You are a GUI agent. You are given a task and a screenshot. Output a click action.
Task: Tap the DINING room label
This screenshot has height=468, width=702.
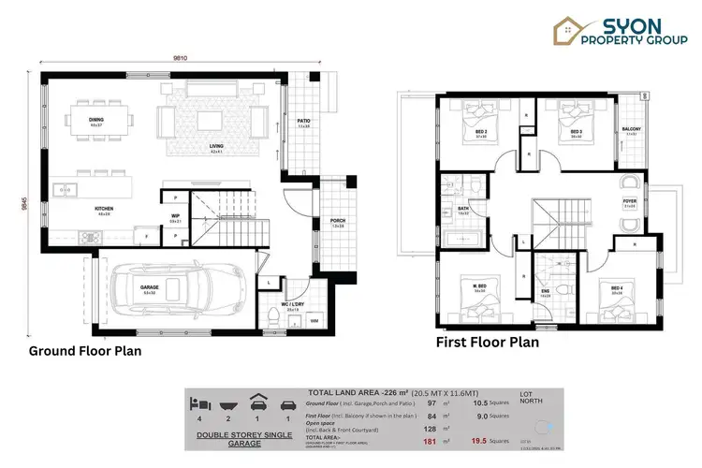(x=96, y=121)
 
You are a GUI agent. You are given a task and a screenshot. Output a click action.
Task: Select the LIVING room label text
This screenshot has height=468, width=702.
(x=215, y=149)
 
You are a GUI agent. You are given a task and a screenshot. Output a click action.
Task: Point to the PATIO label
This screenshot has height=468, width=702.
(x=303, y=121)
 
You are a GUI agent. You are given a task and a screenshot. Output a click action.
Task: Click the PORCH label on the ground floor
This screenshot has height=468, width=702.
(x=337, y=223)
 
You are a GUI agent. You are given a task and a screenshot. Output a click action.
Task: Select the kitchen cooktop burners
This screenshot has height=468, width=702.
(x=90, y=237)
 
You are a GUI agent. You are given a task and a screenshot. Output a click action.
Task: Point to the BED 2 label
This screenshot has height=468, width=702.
(x=480, y=131)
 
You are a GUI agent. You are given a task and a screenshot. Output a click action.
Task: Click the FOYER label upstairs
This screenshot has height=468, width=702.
(x=630, y=201)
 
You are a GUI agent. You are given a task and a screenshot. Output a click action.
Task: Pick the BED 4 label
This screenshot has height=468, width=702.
(x=617, y=288)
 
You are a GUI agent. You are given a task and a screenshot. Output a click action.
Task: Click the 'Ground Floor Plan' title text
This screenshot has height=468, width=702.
(x=85, y=352)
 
